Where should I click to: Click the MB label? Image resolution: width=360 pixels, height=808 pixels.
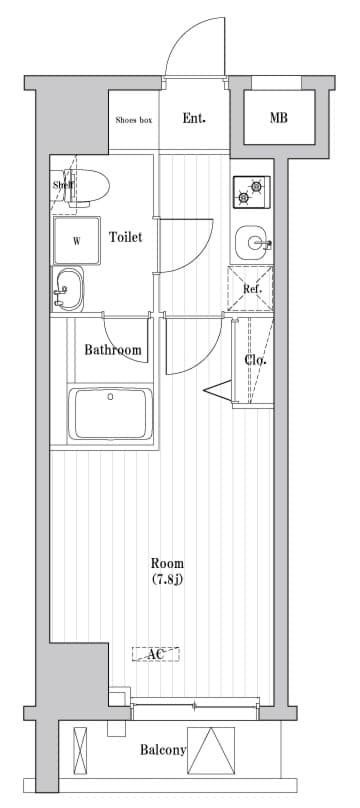pyautogui.click(x=279, y=118)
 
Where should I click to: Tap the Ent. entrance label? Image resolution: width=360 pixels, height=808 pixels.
pyautogui.click(x=194, y=118)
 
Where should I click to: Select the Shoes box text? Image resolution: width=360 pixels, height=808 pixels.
pyautogui.click(x=134, y=120)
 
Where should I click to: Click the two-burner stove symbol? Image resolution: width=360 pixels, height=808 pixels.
pyautogui.click(x=251, y=192)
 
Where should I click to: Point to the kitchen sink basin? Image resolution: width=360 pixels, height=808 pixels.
pyautogui.click(x=252, y=242)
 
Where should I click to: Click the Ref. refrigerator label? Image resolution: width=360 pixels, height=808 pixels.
pyautogui.click(x=252, y=289)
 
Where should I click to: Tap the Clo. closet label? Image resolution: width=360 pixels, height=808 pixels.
pyautogui.click(x=255, y=360)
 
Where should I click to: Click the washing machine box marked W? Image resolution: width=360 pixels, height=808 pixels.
pyautogui.click(x=77, y=241)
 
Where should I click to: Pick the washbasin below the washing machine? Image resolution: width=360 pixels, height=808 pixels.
pyautogui.click(x=68, y=289)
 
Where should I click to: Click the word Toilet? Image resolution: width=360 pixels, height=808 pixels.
pyautogui.click(x=125, y=237)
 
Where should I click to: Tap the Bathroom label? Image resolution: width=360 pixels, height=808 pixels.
pyautogui.click(x=113, y=350)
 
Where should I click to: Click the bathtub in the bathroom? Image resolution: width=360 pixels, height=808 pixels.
pyautogui.click(x=111, y=414)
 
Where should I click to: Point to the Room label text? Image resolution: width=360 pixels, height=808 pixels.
pyautogui.click(x=167, y=563)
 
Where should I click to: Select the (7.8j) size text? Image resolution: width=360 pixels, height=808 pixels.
pyautogui.click(x=167, y=580)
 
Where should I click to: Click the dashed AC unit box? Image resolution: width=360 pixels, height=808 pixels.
pyautogui.click(x=156, y=654)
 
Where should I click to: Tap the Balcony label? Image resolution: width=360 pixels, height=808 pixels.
pyautogui.click(x=163, y=750)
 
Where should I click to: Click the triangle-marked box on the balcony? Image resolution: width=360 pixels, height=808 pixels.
pyautogui.click(x=211, y=750)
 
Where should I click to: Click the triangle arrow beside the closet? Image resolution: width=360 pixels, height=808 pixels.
pyautogui.click(x=218, y=390)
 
